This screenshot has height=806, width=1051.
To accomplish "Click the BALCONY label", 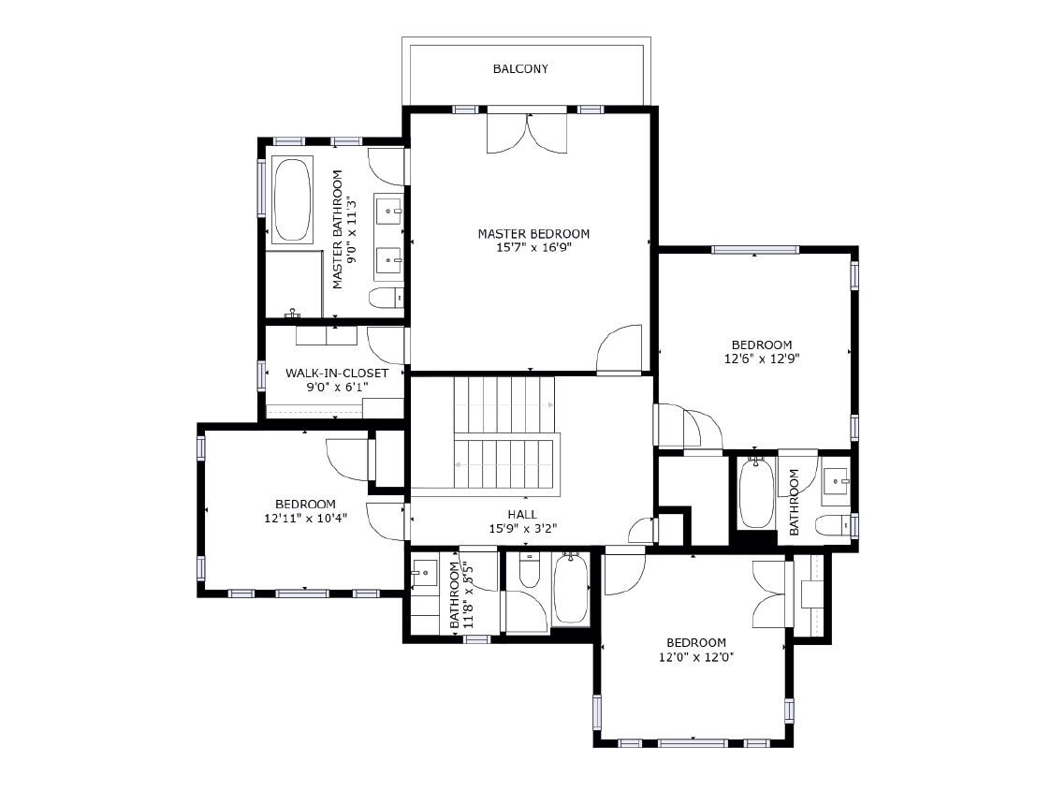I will pyautogui.click(x=520, y=69).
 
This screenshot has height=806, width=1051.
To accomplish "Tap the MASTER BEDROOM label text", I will pyautogui.click(x=533, y=234).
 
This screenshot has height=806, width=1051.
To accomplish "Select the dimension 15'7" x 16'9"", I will pyautogui.click(x=533, y=248).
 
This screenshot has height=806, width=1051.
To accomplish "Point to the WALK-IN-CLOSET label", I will pyautogui.click(x=336, y=374).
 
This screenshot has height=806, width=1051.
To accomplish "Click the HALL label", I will pyautogui.click(x=522, y=515).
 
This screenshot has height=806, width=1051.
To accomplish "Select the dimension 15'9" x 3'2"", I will pyautogui.click(x=522, y=529).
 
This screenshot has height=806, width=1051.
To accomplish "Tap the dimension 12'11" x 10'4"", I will pyautogui.click(x=305, y=518).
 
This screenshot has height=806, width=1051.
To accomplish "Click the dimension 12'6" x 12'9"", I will pyautogui.click(x=762, y=359).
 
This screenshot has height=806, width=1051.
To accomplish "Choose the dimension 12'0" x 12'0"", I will pyautogui.click(x=695, y=657).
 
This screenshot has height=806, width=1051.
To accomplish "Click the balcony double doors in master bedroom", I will pyautogui.click(x=527, y=132).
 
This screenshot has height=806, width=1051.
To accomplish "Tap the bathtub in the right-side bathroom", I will pyautogui.click(x=754, y=493).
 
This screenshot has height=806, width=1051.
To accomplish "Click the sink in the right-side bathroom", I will pyautogui.click(x=835, y=481).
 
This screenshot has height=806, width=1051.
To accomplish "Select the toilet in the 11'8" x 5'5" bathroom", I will pyautogui.click(x=530, y=570).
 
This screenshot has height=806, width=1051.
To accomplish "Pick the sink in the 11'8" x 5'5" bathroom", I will pyautogui.click(x=425, y=571).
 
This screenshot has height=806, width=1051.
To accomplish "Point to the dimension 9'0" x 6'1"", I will pyautogui.click(x=336, y=387).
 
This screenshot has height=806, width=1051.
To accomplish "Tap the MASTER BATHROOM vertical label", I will pyautogui.click(x=338, y=229).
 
